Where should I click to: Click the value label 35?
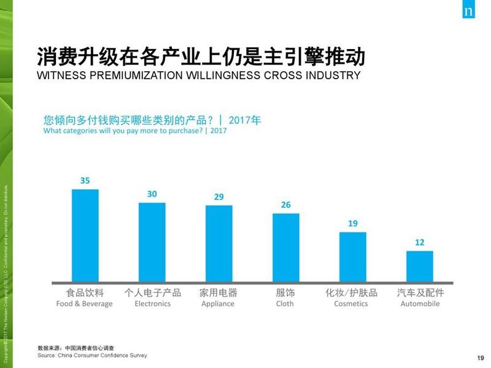(x=85, y=180)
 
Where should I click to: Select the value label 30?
(x=152, y=194)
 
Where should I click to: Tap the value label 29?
(x=218, y=197)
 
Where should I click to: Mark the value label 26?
(x=285, y=205)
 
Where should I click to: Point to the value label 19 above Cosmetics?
(x=352, y=223)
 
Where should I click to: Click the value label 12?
(x=419, y=242)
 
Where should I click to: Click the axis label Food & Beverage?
(x=85, y=304)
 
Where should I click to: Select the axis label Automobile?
(x=420, y=304)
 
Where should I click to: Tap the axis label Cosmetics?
(x=351, y=304)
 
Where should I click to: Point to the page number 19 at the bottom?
(x=480, y=358)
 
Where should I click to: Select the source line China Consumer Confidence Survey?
(x=92, y=355)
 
